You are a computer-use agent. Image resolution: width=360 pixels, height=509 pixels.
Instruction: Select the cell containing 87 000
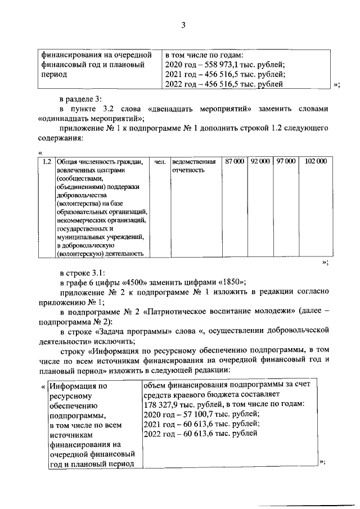234,161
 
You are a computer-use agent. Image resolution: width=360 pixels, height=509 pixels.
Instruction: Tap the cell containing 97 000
285,161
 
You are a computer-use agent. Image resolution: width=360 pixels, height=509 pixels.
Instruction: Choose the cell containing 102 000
315,161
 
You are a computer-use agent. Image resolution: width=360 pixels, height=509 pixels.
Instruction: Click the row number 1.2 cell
47,161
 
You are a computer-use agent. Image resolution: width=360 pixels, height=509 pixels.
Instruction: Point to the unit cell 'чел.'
160,161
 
